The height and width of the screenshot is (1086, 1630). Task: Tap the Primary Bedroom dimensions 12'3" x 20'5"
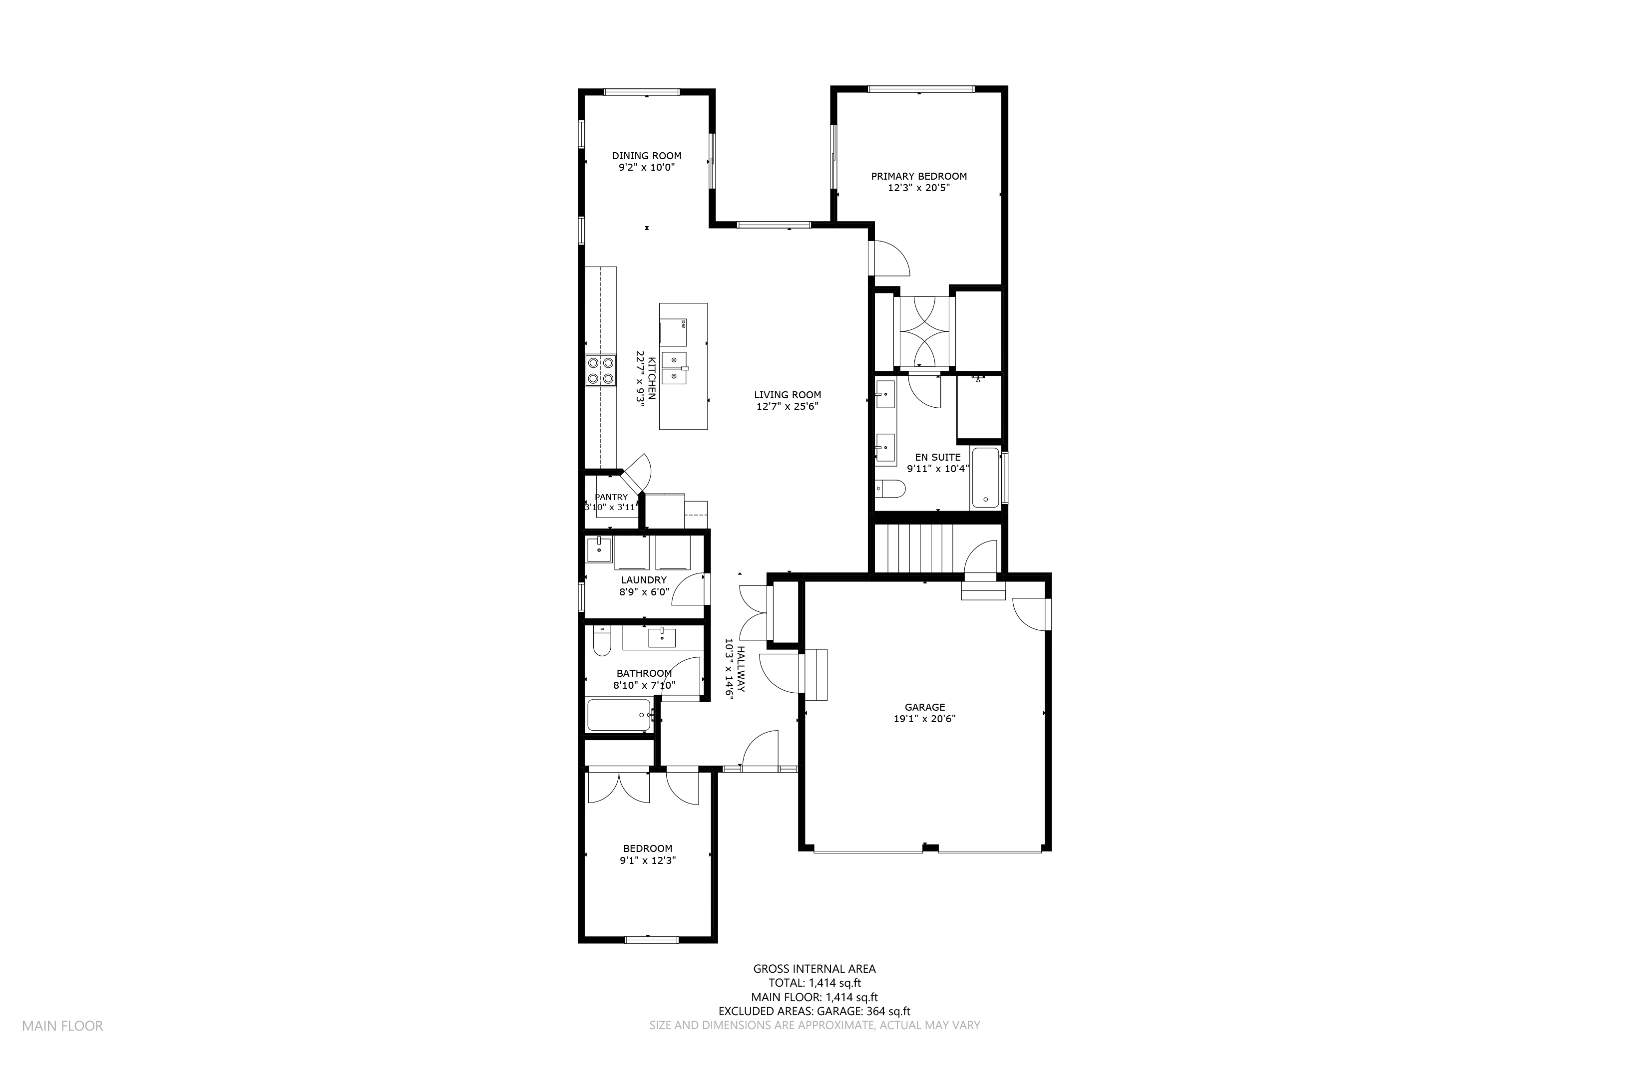(919, 188)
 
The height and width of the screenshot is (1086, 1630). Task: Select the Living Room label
(787, 395)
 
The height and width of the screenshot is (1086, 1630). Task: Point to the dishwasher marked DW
(673, 332)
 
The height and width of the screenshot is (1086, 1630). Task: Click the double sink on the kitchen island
(674, 368)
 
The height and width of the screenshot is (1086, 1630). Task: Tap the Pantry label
(611, 497)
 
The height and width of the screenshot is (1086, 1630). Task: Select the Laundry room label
(644, 580)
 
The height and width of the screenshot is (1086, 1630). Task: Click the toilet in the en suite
(890, 489)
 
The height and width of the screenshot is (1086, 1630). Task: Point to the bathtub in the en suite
(985, 478)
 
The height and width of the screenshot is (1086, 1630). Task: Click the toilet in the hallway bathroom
(602, 641)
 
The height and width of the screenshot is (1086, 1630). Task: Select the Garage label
(924, 707)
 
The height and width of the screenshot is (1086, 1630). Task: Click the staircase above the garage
(914, 548)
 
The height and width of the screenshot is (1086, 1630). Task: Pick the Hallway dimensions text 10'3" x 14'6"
(729, 669)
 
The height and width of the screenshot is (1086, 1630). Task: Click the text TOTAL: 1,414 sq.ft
(815, 983)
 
